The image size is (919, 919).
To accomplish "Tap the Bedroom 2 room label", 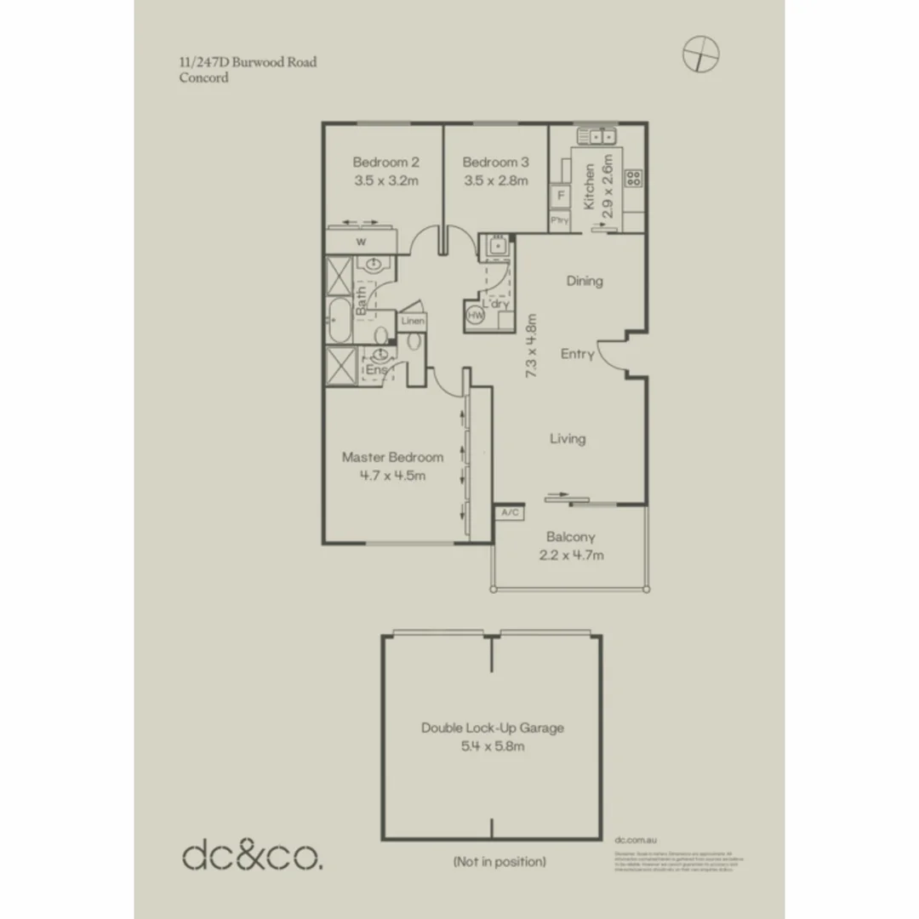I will (385, 162).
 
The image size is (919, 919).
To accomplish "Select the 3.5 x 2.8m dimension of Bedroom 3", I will (495, 180).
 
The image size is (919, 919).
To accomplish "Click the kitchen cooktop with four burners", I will (634, 178).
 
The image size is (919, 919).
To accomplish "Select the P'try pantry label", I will (559, 220).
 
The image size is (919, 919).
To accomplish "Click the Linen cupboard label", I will (412, 322).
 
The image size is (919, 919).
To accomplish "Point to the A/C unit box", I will (510, 512).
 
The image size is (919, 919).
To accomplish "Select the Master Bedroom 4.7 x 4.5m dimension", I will (392, 476).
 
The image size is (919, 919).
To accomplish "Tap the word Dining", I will (585, 281).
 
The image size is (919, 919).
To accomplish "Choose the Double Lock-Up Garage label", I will (492, 728).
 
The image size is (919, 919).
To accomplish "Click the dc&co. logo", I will (253, 853).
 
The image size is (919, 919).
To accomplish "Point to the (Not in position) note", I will (499, 862).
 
